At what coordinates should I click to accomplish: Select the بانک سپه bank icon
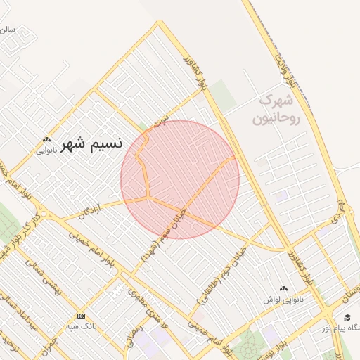(81, 316)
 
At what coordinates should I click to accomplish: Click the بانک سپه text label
(81, 326)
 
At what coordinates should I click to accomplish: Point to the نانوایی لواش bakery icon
(284, 288)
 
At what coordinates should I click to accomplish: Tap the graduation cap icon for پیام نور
(347, 317)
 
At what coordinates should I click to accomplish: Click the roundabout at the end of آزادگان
(44, 213)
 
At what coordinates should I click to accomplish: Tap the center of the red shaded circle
(180, 179)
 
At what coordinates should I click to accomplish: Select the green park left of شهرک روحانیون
(224, 95)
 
